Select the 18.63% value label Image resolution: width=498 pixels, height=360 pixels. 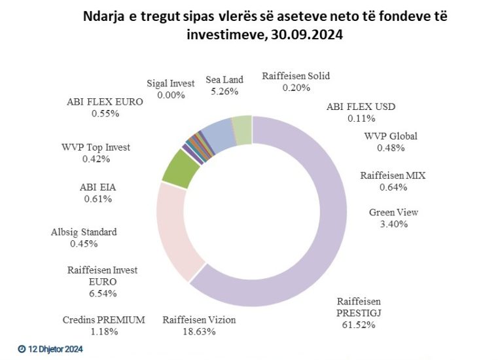(x=199, y=331)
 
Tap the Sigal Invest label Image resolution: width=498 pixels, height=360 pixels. (x=171, y=83)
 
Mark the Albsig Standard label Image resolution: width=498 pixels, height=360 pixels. (x=84, y=232)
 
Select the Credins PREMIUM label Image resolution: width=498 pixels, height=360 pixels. (x=105, y=320)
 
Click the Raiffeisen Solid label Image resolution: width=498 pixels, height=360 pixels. (x=296, y=76)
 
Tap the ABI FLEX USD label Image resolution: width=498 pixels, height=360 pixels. (x=361, y=107)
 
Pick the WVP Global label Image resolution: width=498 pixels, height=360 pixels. (x=391, y=136)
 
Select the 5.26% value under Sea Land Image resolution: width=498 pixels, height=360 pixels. (x=224, y=92)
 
